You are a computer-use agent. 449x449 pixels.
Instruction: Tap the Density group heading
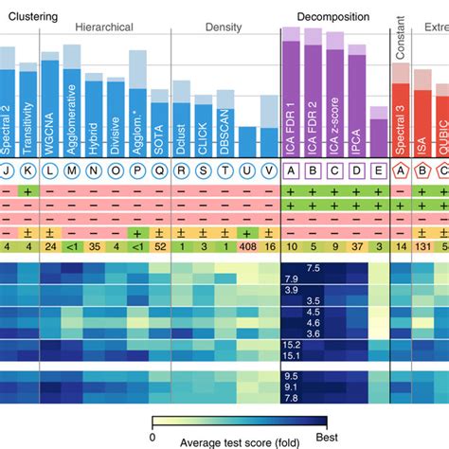pyautogui.click(x=224, y=27)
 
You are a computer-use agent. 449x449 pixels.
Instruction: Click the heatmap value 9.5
pyautogui.click(x=293, y=376)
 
